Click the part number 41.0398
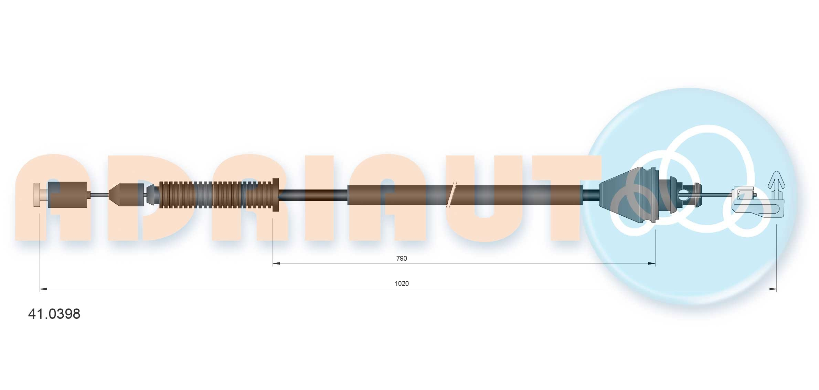coord(54,314)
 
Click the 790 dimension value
coord(402,258)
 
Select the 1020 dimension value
coord(402,283)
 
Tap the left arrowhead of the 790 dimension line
coord(276,264)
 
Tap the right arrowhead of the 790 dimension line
coord(651,264)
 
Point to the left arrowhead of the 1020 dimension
coord(44,289)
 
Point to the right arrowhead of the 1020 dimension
coord(773,289)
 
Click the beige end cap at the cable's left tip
coord(37,195)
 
